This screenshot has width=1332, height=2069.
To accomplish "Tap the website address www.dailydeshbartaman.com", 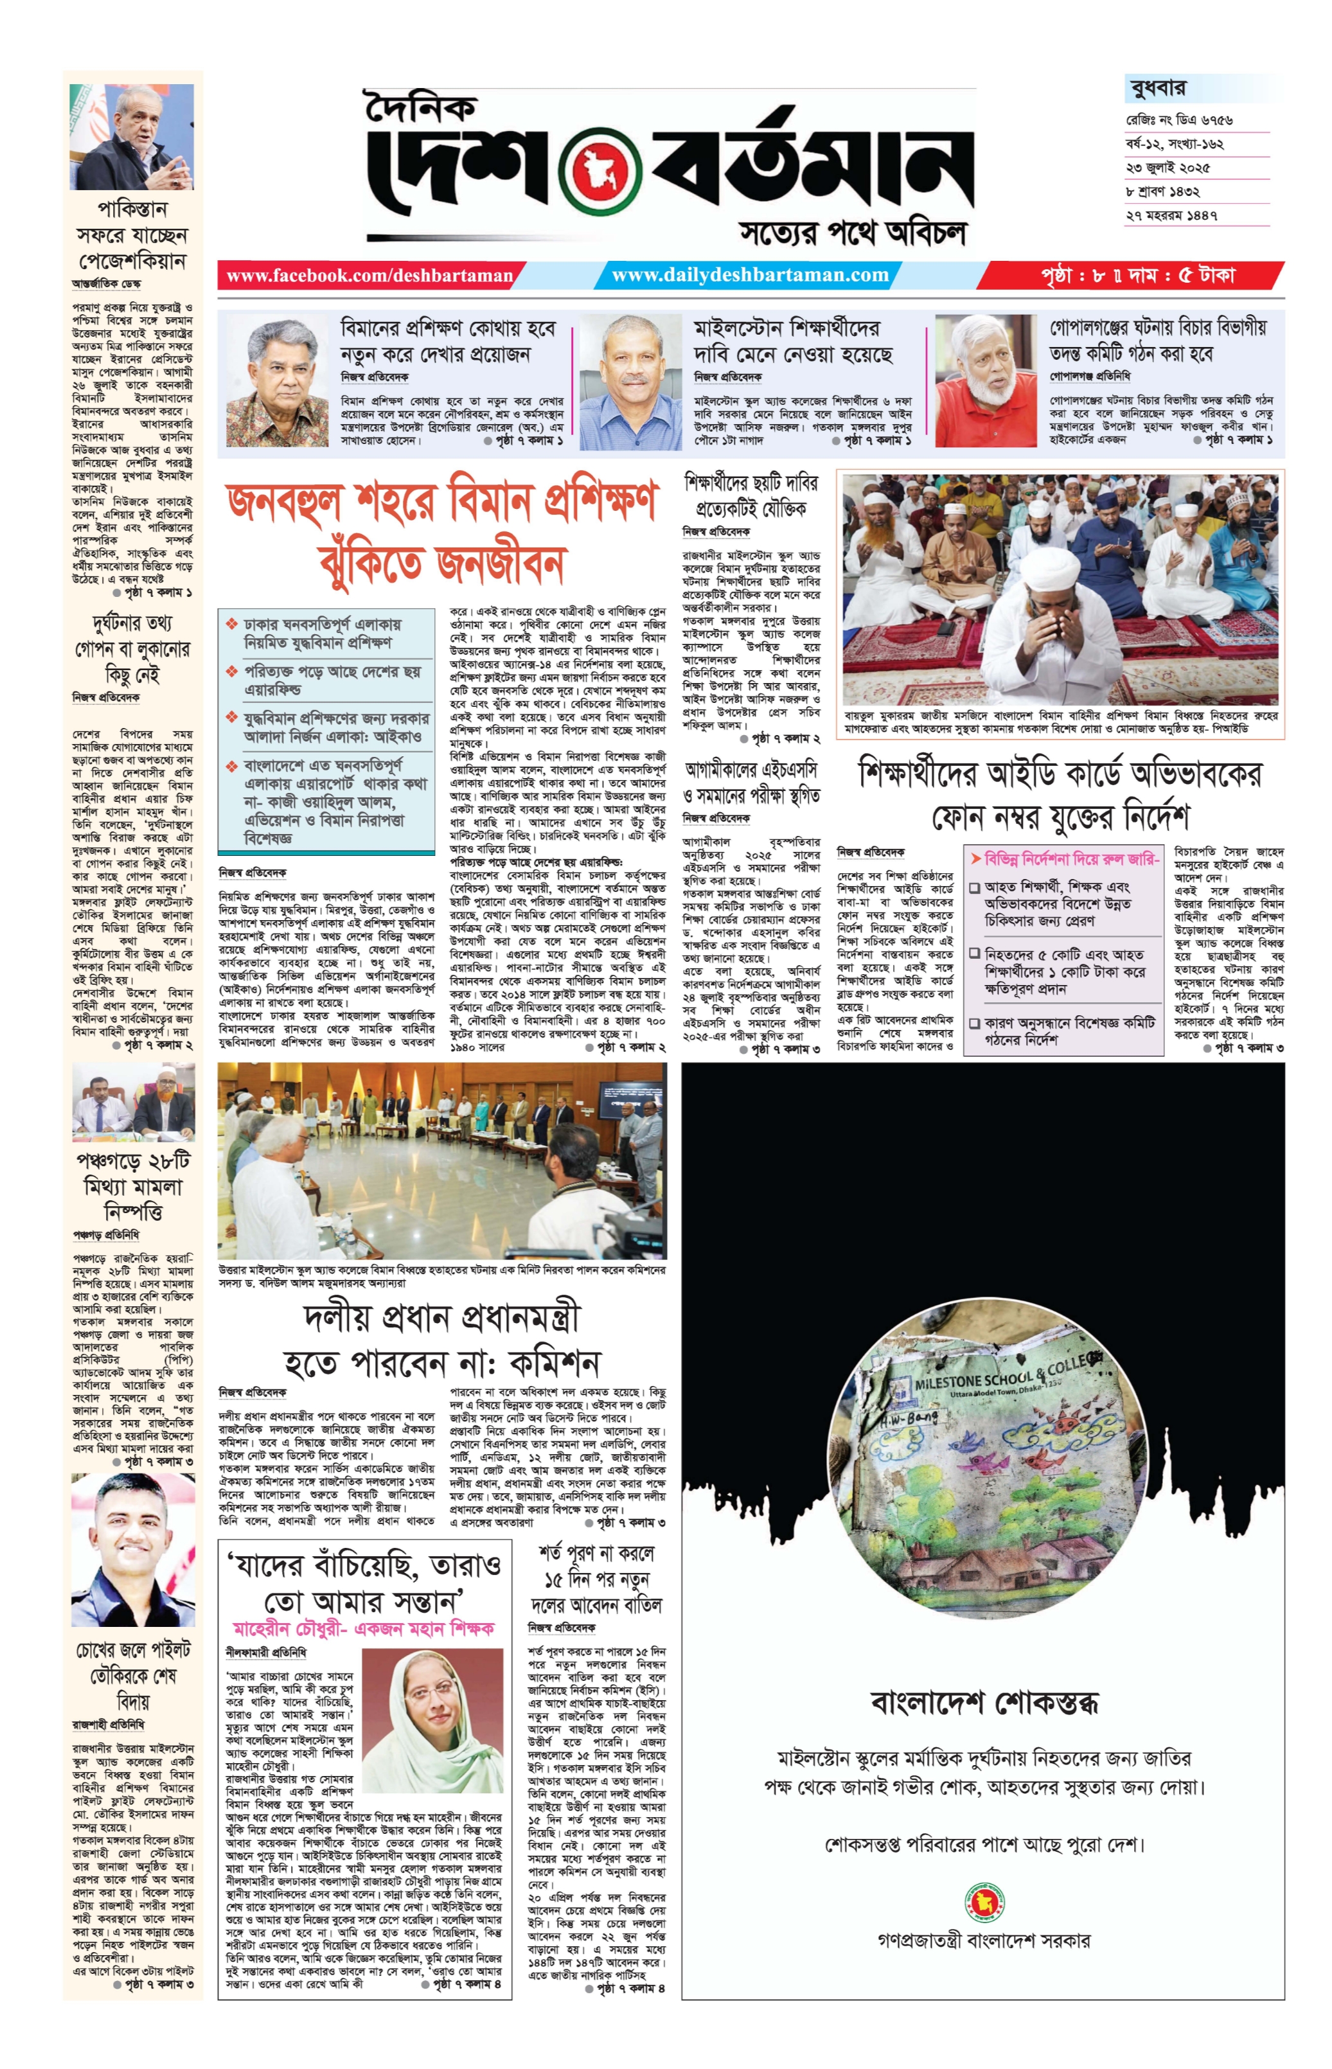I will click(x=749, y=276).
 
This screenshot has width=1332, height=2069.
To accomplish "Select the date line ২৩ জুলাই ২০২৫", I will click(x=1168, y=167).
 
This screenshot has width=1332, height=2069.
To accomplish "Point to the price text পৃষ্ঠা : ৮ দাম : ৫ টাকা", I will click(x=1137, y=276).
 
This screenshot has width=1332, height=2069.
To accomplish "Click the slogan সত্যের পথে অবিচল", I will click(x=852, y=232).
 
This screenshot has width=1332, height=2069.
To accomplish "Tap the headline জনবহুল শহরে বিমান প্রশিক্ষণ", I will click(x=441, y=502).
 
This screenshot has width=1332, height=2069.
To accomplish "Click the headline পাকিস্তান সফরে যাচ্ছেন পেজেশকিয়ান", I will click(x=132, y=235).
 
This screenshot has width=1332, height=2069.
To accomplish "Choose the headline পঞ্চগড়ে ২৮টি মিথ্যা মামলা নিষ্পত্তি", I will click(x=132, y=1186).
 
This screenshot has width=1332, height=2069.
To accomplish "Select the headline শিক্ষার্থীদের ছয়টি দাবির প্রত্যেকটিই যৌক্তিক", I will click(x=750, y=495).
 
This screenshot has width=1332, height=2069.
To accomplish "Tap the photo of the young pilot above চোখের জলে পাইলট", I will click(x=132, y=1549).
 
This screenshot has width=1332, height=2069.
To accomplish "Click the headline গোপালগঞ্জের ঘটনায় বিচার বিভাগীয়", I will click(x=1157, y=327).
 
